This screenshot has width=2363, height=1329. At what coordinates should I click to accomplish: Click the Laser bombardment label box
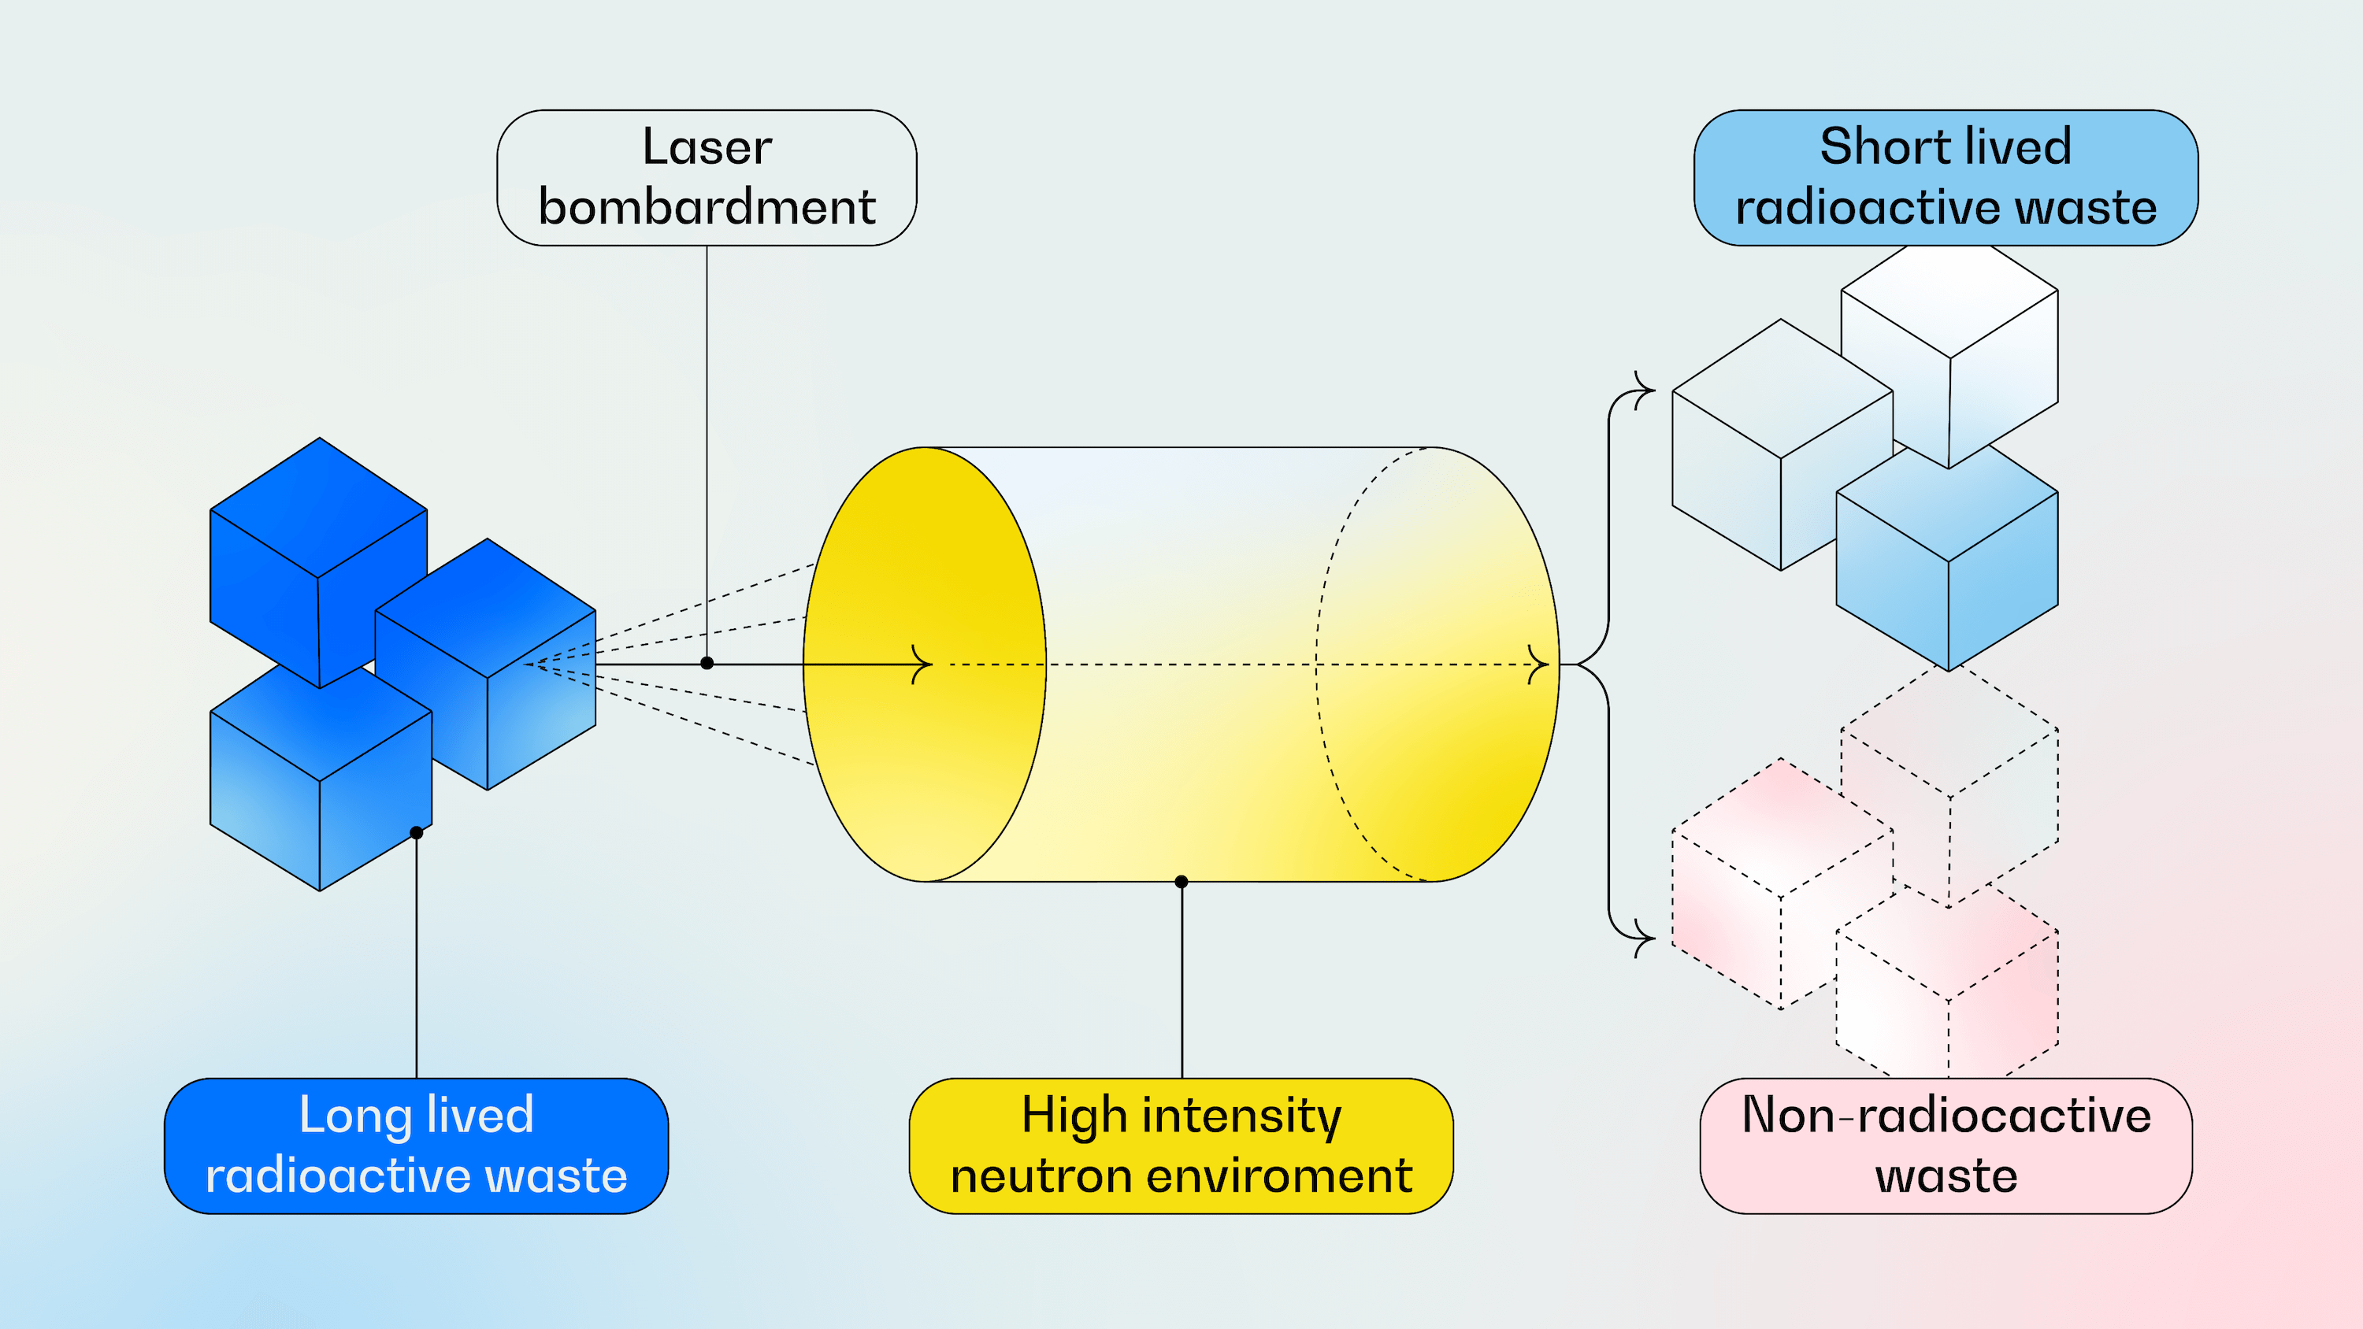click(x=707, y=178)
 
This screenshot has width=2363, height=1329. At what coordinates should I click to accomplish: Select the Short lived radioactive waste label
click(x=1945, y=178)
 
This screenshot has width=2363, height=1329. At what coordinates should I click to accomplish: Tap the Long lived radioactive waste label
click(x=416, y=1146)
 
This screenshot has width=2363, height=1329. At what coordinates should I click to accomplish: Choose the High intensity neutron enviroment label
click(x=1181, y=1146)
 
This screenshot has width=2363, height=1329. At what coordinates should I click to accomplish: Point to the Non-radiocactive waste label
click(x=1946, y=1146)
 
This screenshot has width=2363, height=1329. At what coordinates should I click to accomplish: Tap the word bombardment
click(x=707, y=207)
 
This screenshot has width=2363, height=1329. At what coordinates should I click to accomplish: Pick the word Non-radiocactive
click(x=1946, y=1116)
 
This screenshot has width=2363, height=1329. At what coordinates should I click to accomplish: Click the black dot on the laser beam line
click(x=707, y=663)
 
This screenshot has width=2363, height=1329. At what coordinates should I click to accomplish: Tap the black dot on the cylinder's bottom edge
click(x=1181, y=882)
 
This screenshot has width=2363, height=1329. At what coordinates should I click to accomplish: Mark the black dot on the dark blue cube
click(x=417, y=833)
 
